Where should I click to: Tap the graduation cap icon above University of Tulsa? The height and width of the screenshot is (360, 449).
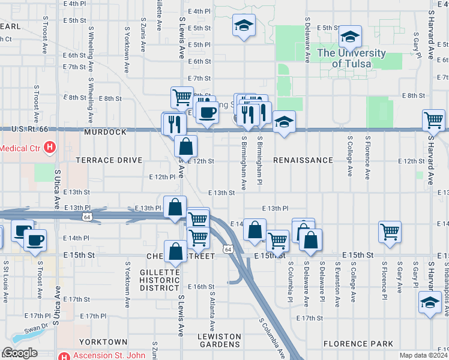[x=350, y=38]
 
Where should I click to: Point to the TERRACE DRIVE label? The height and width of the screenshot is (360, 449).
[x=109, y=161]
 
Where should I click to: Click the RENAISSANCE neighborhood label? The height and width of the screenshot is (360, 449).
[x=303, y=161]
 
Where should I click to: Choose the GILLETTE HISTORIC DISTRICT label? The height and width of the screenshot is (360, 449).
[x=160, y=280]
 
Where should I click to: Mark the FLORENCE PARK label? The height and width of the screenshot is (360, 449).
[x=358, y=344]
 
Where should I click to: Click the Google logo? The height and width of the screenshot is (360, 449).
[x=20, y=353]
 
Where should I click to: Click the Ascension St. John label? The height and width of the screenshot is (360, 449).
[x=109, y=355]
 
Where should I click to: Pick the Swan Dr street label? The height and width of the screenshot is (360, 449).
[x=37, y=329]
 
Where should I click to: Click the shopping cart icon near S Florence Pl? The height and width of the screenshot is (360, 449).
[x=390, y=232]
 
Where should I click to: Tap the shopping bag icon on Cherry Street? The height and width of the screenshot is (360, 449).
[x=176, y=251]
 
